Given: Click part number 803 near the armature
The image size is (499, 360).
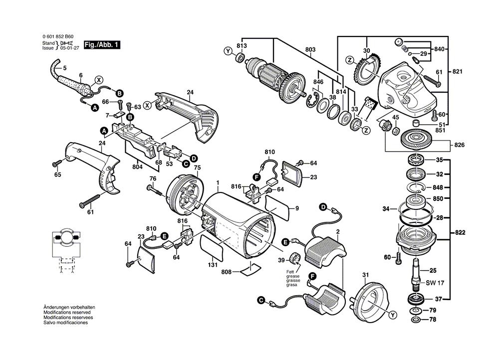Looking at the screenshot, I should click(310, 49).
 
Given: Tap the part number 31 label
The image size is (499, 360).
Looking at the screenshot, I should click(365, 275).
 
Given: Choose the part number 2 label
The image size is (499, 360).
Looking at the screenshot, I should click(338, 232).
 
